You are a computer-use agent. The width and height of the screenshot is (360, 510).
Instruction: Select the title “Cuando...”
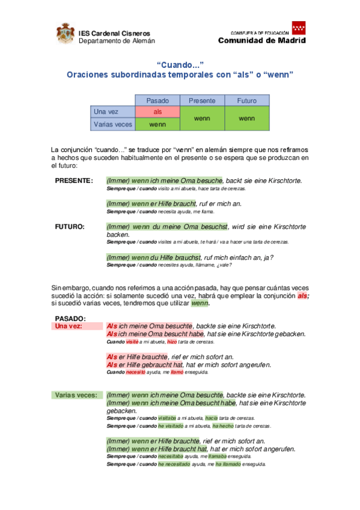pyautogui.click(x=180, y=64)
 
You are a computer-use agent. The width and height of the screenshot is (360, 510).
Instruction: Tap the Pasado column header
pyautogui.click(x=157, y=100)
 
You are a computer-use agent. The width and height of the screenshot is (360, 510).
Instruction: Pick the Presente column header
pyautogui.click(x=202, y=100)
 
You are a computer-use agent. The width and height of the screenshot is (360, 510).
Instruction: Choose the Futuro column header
pyautogui.click(x=247, y=100)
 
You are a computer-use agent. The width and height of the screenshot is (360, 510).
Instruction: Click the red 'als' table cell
pyautogui.click(x=157, y=112)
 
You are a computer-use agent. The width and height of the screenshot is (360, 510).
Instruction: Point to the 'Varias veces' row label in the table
pyautogui.click(x=112, y=124)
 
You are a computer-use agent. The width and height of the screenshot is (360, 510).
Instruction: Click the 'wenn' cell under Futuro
pyautogui.click(x=247, y=118)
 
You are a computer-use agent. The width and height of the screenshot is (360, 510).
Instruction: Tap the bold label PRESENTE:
pyautogui.click(x=74, y=180)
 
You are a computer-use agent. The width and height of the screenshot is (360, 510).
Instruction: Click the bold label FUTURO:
pyautogui.click(x=70, y=227)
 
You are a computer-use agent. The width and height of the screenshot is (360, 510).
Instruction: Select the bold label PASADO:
pyautogui.click(x=70, y=318)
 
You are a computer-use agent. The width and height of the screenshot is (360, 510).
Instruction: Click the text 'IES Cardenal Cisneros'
pyautogui.click(x=114, y=33)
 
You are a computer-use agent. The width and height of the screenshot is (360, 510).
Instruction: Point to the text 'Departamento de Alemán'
pyautogui.click(x=117, y=41)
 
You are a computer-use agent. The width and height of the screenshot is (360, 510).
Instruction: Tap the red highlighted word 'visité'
pyautogui.click(x=132, y=342)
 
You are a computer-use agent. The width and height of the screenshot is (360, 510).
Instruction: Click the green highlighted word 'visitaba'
pyautogui.click(x=167, y=418)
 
